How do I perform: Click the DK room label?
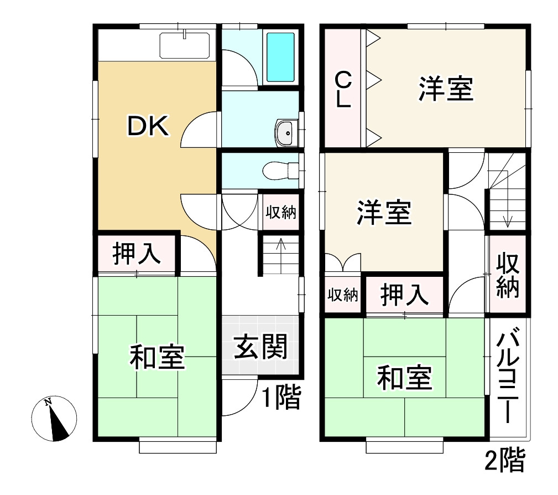148,127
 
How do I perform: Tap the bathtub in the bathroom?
280,57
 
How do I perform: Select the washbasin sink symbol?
286,133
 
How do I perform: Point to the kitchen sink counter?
185,45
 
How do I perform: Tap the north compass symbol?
54,419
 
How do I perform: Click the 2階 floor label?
504,461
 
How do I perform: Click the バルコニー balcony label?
507,377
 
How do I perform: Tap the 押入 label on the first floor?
137,254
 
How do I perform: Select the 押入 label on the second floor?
405,295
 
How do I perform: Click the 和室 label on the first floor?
157,357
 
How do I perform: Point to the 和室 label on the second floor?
404,379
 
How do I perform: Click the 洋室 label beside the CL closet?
446,90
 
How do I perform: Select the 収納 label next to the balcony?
507,275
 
